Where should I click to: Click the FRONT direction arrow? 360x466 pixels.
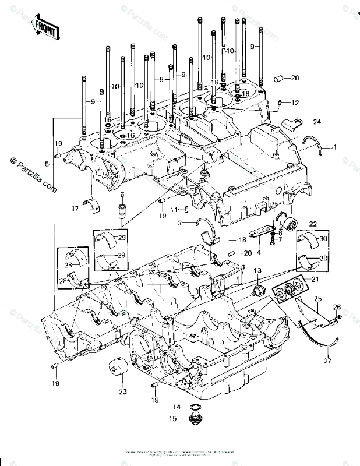pyautogui.click(x=45, y=26)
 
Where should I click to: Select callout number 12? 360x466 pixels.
pyautogui.click(x=295, y=103)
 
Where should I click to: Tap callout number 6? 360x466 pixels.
pyautogui.click(x=122, y=195)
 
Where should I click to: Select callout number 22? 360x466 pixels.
pyautogui.click(x=313, y=224)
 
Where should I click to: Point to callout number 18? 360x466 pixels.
pyautogui.click(x=243, y=239)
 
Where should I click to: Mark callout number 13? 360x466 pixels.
pyautogui.click(x=257, y=271)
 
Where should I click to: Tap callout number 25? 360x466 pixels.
pyautogui.click(x=318, y=299)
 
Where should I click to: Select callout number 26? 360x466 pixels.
pyautogui.click(x=336, y=307)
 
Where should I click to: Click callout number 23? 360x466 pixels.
pyautogui.click(x=122, y=392)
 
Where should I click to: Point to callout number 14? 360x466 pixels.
pyautogui.click(x=177, y=407)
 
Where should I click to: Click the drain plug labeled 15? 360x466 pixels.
pyautogui.click(x=196, y=419)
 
